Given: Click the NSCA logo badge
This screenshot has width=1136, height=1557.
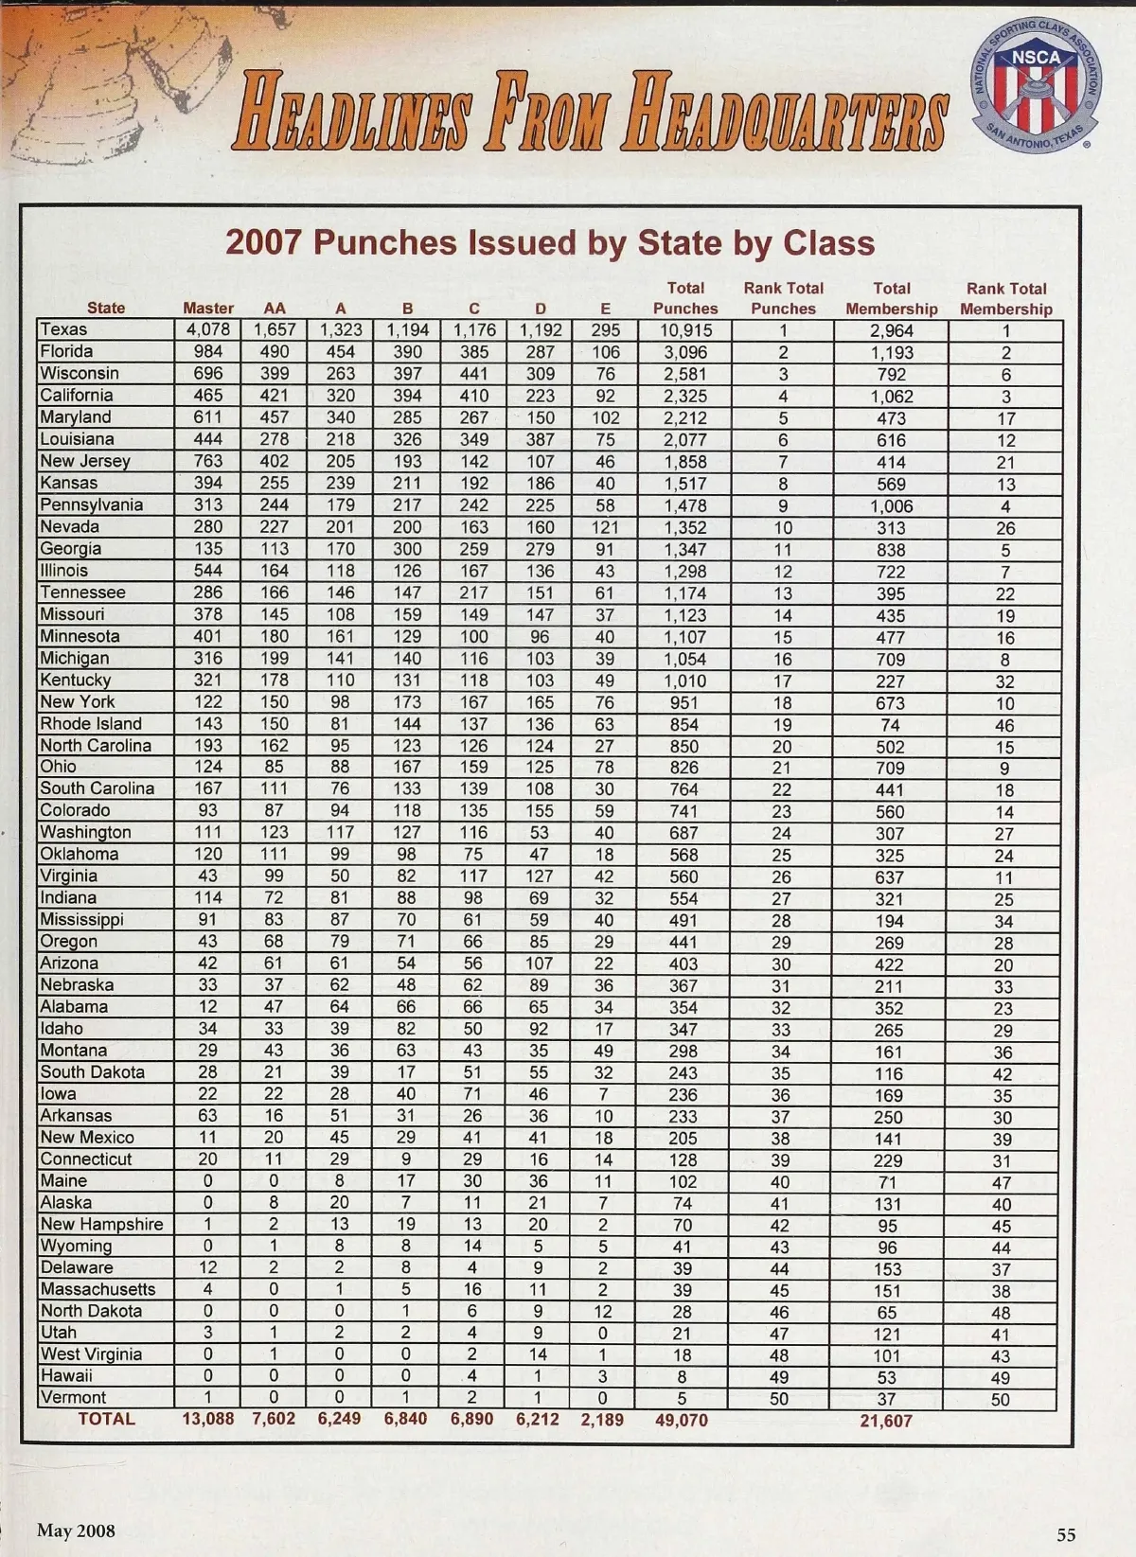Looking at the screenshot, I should point(1037,85).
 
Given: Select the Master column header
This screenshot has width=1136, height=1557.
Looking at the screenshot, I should point(208,308).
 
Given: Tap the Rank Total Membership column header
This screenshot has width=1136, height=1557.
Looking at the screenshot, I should point(1005,298).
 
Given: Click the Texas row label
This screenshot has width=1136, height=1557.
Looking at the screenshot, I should point(63,329).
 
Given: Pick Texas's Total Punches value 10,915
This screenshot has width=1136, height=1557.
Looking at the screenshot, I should point(684,330).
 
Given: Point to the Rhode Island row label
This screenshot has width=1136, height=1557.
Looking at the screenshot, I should point(91,724).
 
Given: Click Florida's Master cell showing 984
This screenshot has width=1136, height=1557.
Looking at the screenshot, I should point(208,351).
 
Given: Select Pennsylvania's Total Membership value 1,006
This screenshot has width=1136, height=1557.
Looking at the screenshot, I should point(891,505).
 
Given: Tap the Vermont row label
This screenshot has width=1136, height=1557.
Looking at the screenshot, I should point(73,1397).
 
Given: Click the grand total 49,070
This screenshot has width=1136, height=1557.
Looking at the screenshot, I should point(682,1420).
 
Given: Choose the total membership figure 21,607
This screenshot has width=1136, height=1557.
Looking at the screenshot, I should point(886,1420).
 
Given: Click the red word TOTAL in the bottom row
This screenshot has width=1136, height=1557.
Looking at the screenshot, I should point(106,1419).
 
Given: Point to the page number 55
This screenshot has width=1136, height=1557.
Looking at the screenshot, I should point(1066,1534).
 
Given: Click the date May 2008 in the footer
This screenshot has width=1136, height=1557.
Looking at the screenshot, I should point(76,1530).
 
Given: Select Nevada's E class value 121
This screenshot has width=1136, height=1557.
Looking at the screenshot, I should point(605,527).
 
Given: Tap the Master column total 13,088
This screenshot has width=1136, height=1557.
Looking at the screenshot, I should point(208,1419).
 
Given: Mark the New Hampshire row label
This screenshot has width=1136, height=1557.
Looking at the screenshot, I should point(101,1224).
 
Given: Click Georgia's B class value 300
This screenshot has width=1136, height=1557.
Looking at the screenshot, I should point(407,549).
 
